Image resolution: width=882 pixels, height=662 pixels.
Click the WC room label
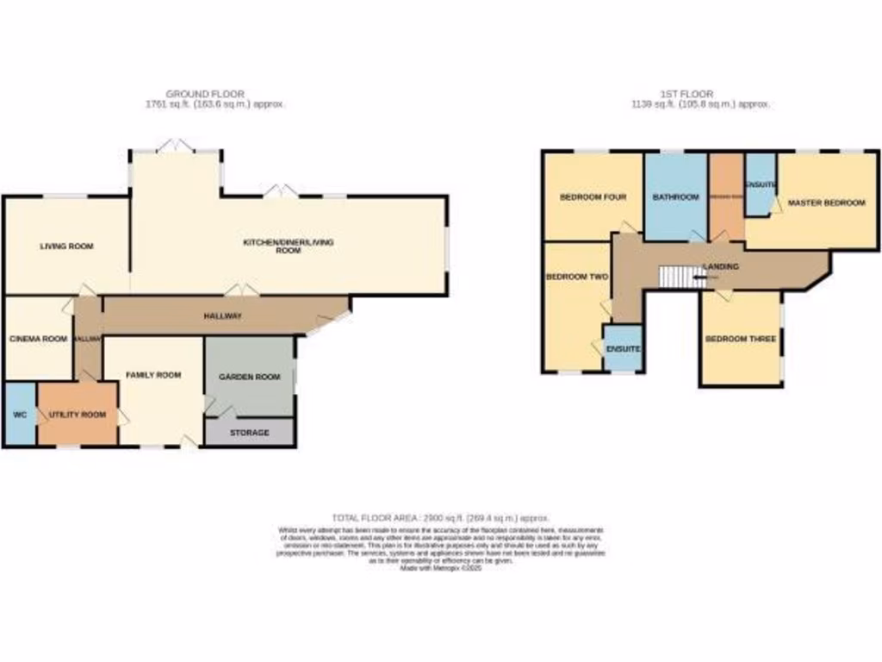click(20, 415)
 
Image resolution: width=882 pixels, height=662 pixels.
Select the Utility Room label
click(78, 415)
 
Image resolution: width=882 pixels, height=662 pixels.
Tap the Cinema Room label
click(38, 339)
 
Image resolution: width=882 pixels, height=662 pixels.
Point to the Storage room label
click(249, 433)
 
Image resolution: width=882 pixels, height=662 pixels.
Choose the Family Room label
click(153, 375)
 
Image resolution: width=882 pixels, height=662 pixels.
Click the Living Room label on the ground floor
click(66, 247)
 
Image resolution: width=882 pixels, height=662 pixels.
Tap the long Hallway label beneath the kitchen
click(222, 316)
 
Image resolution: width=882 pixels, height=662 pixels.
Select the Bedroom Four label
click(593, 197)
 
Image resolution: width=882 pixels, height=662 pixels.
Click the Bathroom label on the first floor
click(675, 197)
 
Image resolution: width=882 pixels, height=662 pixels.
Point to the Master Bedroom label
click(826, 203)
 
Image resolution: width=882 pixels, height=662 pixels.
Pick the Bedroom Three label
click(740, 339)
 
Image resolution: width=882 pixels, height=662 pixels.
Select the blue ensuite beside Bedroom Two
click(622, 349)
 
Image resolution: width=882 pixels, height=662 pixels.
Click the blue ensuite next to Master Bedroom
click(760, 184)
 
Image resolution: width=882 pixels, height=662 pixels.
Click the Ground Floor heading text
click(205, 94)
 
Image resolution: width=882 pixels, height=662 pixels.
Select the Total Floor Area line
click(440, 517)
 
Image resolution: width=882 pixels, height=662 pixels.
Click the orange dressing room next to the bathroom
click(726, 197)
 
